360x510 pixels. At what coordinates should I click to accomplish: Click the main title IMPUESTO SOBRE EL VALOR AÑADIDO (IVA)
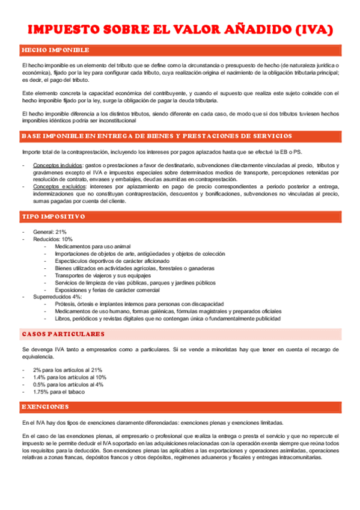click(x=180, y=30)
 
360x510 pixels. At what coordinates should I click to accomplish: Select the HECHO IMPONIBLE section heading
click(x=55, y=50)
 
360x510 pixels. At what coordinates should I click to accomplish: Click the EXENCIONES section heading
click(x=45, y=407)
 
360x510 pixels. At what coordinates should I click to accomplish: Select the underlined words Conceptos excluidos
click(x=59, y=187)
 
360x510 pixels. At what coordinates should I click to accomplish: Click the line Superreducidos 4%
click(x=58, y=297)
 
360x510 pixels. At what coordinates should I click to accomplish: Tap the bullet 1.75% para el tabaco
click(x=59, y=392)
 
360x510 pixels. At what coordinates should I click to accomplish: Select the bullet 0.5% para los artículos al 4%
click(x=68, y=384)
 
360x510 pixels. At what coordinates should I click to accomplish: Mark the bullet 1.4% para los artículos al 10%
click(x=70, y=377)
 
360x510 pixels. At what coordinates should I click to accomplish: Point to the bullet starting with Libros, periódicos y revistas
click(x=167, y=319)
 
